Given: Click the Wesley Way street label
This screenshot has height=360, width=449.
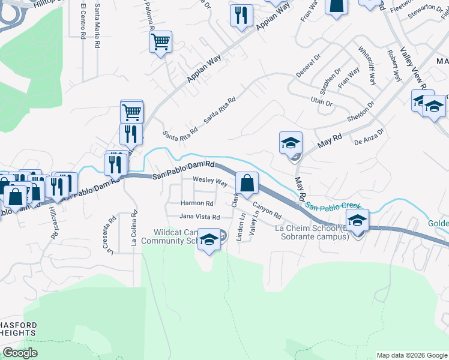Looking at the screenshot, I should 209,181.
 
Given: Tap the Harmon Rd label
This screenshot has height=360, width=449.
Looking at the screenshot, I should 197,203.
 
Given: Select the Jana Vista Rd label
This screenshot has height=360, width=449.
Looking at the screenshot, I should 200,217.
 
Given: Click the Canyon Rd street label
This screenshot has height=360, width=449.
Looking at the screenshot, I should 267,210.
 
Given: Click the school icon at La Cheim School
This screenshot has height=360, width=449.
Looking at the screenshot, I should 357,220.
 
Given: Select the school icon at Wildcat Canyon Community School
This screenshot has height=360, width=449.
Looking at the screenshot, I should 208,239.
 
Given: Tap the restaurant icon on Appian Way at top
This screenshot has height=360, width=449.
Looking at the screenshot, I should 241,14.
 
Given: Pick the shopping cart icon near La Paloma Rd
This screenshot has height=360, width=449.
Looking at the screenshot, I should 160,41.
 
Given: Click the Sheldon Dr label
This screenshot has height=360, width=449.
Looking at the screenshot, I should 363,112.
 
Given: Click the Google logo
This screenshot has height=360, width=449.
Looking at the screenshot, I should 20,353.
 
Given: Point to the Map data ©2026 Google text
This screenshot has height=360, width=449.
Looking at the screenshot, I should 412,355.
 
